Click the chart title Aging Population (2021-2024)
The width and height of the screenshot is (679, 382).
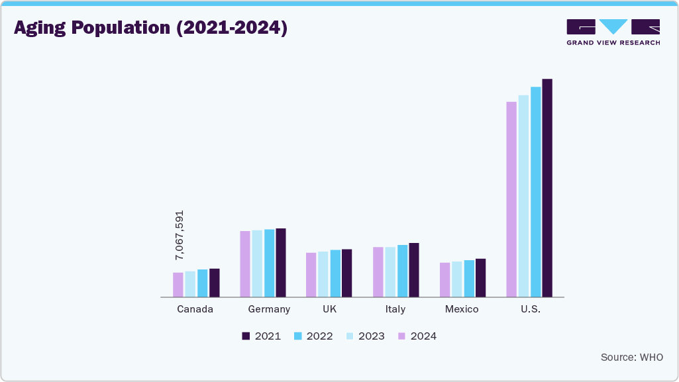[x=151, y=28]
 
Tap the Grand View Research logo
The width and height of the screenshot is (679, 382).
[x=613, y=32]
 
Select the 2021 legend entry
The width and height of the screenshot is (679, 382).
[x=261, y=336]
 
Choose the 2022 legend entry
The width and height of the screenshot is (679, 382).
[x=313, y=336]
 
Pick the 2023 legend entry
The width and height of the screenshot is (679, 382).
[x=365, y=336]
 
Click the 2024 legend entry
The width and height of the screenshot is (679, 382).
[x=417, y=336]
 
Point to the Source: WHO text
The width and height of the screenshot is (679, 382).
[x=631, y=358]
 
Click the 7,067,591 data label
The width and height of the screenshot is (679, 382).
[x=179, y=235]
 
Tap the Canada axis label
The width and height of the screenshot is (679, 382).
[x=195, y=309]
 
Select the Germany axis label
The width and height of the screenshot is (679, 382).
[x=269, y=309]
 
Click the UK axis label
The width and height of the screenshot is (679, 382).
[x=329, y=309]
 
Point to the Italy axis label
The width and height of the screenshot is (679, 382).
[x=395, y=309]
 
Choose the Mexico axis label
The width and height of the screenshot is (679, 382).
[x=462, y=309]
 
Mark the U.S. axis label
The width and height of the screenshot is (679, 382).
[x=531, y=309]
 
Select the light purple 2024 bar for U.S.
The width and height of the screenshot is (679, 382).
[x=511, y=199]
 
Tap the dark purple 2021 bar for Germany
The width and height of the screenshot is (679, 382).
[x=281, y=263]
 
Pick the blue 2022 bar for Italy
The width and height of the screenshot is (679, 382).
[x=402, y=271]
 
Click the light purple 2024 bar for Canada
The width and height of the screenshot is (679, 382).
[x=178, y=285]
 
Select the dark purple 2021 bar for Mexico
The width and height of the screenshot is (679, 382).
[x=480, y=278]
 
